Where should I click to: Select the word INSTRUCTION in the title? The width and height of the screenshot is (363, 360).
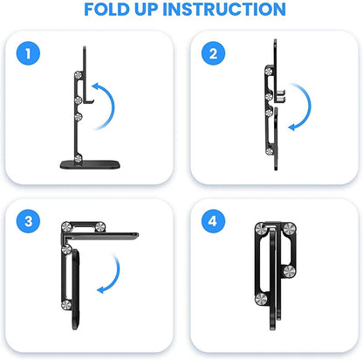(x=229, y=10)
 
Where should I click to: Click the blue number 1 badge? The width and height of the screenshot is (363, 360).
(x=31, y=55)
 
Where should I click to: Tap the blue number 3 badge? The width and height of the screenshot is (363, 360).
(x=31, y=222)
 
